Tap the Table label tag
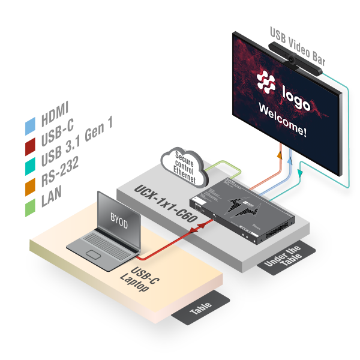(200, 310)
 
